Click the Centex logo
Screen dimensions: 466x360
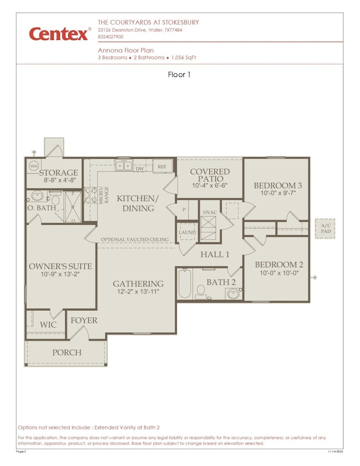pyautogui.click(x=60, y=34)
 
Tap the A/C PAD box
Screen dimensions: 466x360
pyautogui.click(x=325, y=229)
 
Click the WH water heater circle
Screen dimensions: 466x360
pyautogui.click(x=33, y=166)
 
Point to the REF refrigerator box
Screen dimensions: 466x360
pyautogui.click(x=162, y=166)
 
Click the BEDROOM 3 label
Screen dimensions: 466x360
pyautogui.click(x=276, y=185)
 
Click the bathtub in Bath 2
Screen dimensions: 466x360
pyautogui.click(x=186, y=284)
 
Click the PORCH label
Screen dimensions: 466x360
pyautogui.click(x=66, y=353)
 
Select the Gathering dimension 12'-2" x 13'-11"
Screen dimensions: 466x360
pyautogui.click(x=140, y=291)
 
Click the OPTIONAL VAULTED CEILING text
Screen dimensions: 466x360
pyautogui.click(x=135, y=239)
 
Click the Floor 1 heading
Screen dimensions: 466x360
pyautogui.click(x=179, y=75)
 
